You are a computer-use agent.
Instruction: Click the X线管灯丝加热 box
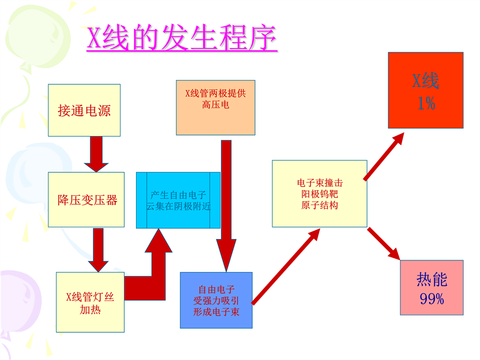point(90,302)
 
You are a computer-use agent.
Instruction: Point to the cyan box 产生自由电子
point(178,200)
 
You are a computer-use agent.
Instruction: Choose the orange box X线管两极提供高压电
point(215,107)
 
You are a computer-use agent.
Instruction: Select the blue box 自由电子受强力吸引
point(216,300)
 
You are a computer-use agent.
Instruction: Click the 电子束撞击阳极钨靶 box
point(319,194)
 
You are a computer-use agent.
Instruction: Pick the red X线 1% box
point(426,90)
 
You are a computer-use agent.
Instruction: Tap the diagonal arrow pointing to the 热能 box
point(384,244)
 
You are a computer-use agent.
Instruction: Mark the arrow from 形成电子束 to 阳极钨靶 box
point(286,267)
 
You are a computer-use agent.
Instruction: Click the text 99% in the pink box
point(431,299)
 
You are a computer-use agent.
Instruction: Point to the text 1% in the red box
point(426,103)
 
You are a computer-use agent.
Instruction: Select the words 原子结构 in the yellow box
point(319,205)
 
